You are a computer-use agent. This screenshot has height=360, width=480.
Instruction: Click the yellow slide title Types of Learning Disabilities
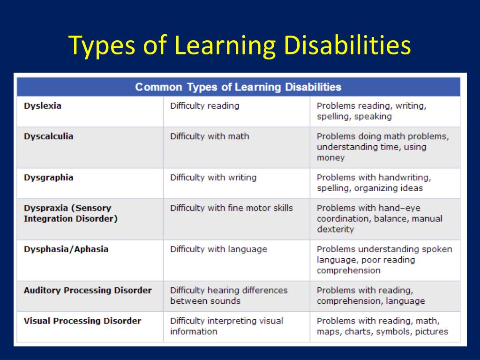[x=240, y=46]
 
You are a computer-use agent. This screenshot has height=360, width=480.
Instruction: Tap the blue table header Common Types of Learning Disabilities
[x=238, y=87]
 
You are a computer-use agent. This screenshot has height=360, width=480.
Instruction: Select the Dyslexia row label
[x=43, y=106]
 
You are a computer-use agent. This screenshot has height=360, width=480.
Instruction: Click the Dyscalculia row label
[x=48, y=136]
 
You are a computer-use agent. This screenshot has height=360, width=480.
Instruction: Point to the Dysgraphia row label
[x=48, y=178]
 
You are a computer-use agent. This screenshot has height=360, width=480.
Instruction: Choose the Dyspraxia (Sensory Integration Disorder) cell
[x=70, y=213]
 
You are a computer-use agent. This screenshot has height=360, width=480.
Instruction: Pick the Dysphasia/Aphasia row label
[x=66, y=249]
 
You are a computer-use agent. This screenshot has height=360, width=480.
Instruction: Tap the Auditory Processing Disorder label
[x=88, y=290]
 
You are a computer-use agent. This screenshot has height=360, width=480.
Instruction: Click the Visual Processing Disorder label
[x=82, y=321]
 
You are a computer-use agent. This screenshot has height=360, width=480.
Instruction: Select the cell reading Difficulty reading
[x=204, y=106]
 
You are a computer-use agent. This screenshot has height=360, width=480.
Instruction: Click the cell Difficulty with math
[x=210, y=136]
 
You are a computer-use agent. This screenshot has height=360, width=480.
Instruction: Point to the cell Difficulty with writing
[x=213, y=178]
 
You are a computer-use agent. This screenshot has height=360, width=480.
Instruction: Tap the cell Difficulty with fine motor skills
[x=231, y=208]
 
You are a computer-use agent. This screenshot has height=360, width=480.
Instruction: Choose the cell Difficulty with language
[x=218, y=249]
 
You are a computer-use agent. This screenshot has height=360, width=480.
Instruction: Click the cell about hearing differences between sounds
[x=229, y=295]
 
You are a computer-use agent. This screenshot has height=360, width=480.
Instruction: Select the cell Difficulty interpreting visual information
[x=226, y=326]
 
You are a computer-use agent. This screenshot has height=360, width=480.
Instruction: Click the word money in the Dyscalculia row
[x=330, y=158]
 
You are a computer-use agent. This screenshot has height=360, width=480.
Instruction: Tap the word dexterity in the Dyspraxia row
[x=335, y=229]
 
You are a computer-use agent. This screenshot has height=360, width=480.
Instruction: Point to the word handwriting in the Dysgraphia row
[x=404, y=178]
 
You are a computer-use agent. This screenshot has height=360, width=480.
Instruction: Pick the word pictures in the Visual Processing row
[x=431, y=332]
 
